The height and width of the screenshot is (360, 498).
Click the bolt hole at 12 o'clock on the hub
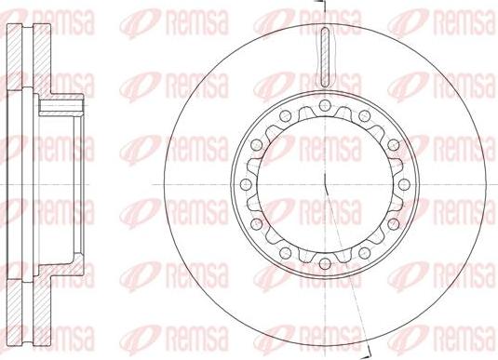pyautogui.click(x=324, y=105)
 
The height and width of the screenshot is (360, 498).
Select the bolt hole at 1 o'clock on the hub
pyautogui.click(x=364, y=116)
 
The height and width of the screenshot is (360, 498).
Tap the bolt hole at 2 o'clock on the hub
pyautogui.click(x=394, y=145)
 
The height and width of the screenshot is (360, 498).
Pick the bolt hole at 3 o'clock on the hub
pyautogui.click(x=404, y=184)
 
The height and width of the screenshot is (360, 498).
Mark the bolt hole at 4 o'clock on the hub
pyautogui.click(x=394, y=223)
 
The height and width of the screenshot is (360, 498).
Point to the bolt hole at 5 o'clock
pyautogui.click(x=364, y=253)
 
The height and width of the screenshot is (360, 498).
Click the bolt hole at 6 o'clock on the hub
pyautogui.click(x=324, y=263)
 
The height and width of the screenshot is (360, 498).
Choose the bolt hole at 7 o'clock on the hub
pyautogui.click(x=285, y=253)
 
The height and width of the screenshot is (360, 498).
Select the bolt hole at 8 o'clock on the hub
pyautogui.click(x=256, y=223)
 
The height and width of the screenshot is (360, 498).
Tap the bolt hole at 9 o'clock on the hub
pyautogui.click(x=246, y=184)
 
